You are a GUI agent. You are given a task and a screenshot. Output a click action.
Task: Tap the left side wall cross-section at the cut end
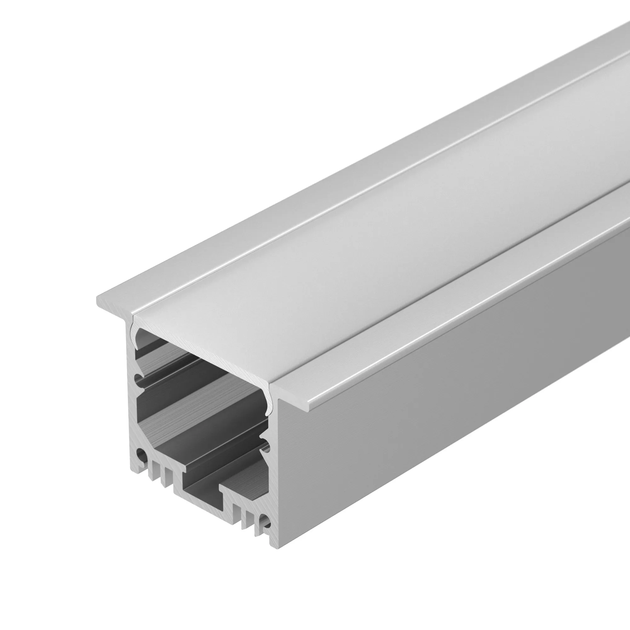pos(132,408)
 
